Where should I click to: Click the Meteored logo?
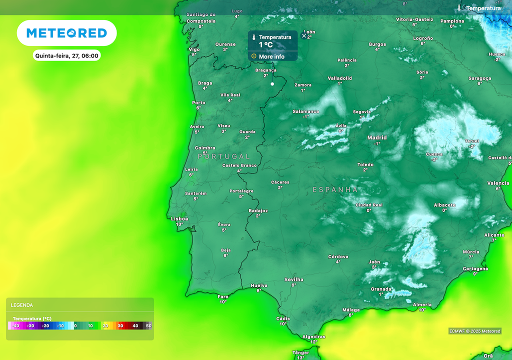click(x=66, y=33)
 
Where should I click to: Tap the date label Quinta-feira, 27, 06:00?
click(x=66, y=55)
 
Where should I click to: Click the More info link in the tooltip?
click(x=271, y=56)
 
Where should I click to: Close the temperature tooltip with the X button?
click(x=303, y=35)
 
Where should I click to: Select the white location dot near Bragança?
click(x=272, y=84)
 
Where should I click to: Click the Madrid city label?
click(x=377, y=137)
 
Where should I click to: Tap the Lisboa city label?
click(x=179, y=218)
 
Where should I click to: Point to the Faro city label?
click(x=223, y=296)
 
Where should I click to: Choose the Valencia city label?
click(x=498, y=183)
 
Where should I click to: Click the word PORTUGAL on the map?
click(x=223, y=156)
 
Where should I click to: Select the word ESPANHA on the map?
click(x=335, y=190)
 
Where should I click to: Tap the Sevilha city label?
click(x=293, y=279)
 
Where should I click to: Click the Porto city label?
click(x=198, y=102)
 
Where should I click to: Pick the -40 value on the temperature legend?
click(x=16, y=325)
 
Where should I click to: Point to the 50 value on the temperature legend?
click(x=148, y=325)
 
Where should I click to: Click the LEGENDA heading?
click(x=22, y=305)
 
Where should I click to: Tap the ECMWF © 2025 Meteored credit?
click(x=474, y=331)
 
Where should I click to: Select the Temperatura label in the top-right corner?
click(x=483, y=8)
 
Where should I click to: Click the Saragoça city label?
click(x=479, y=78)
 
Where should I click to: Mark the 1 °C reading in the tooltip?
click(x=265, y=45)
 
